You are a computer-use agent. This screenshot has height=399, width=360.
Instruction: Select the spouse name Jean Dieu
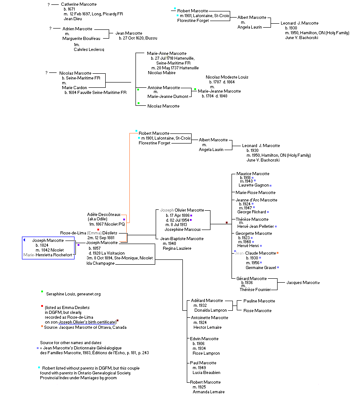(73, 19)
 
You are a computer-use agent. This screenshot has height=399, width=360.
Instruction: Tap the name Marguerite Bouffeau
(81, 39)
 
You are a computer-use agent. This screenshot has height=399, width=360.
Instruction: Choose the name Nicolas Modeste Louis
(227, 77)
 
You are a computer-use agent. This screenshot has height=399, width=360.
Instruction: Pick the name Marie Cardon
(73, 87)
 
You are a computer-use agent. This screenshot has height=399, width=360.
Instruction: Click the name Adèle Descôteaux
(103, 214)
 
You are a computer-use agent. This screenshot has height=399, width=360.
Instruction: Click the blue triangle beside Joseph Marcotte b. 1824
(24, 240)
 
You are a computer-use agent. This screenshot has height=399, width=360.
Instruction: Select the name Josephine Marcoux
(182, 229)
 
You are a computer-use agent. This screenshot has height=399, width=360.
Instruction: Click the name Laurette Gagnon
(257, 185)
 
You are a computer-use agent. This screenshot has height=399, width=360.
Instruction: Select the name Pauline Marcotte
(259, 301)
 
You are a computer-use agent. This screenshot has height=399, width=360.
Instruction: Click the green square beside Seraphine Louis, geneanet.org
(42, 291)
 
